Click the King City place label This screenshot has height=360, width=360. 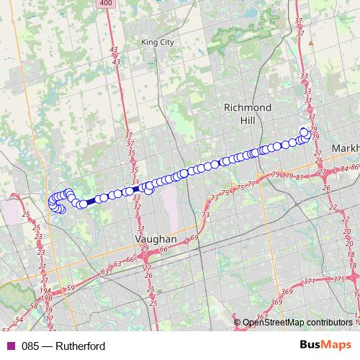158,42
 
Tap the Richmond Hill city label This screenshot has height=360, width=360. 248,114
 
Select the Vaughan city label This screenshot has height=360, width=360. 156,238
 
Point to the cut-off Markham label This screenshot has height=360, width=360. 345,148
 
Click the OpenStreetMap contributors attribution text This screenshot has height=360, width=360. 297,323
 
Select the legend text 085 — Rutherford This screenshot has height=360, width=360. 63,346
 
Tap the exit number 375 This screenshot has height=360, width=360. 340,279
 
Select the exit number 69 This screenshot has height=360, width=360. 194,237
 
